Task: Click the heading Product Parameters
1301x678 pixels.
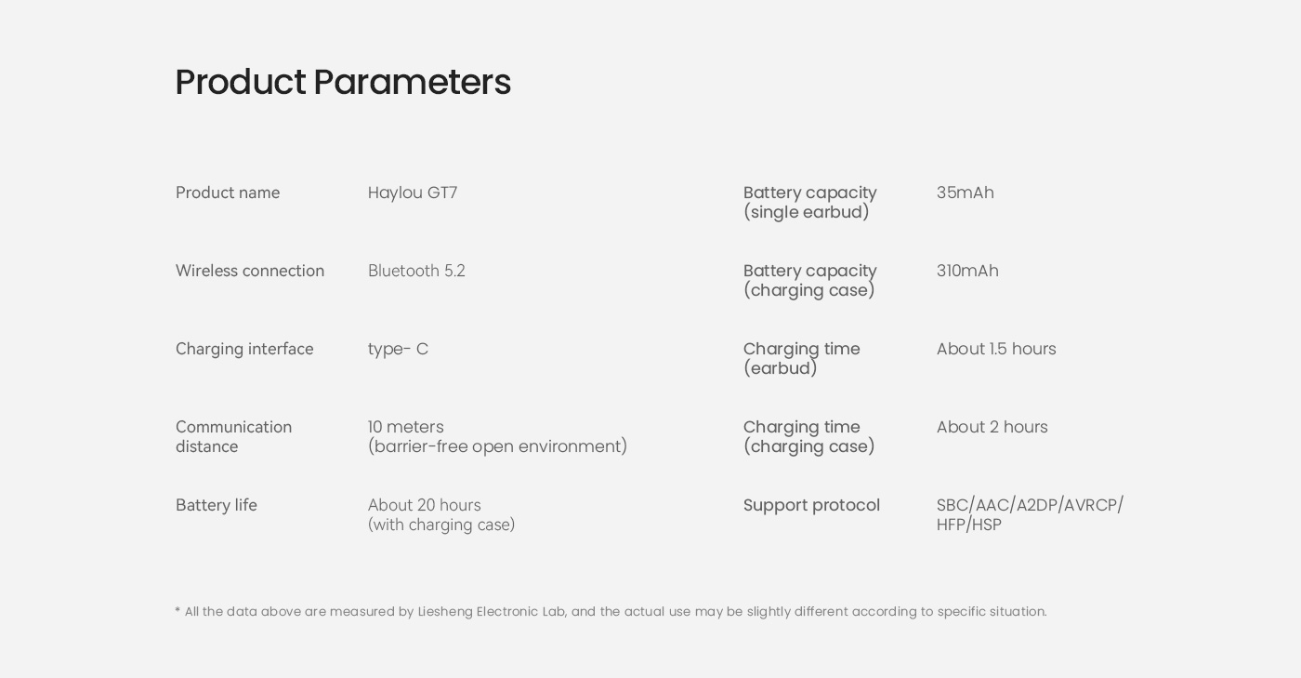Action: tap(343, 82)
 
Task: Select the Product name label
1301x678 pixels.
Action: tap(228, 193)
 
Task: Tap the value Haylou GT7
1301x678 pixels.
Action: tap(413, 193)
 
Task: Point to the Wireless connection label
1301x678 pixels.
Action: tap(250, 271)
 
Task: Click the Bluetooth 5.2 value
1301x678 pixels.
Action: tap(416, 271)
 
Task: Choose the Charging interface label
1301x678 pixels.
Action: tap(244, 349)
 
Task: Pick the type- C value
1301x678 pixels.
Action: tap(398, 349)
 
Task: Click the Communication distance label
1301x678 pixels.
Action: tap(233, 437)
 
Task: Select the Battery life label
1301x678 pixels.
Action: tap(216, 505)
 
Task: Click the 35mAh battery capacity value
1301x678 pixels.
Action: tap(966, 193)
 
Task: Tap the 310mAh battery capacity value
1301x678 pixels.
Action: tap(967, 271)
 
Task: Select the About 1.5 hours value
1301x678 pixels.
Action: tap(996, 349)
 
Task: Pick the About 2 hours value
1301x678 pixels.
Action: tap(992, 427)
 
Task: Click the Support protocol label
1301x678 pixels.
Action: tap(811, 505)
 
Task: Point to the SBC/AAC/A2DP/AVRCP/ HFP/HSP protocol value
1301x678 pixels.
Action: tap(1030, 514)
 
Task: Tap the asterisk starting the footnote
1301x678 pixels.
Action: tap(177, 610)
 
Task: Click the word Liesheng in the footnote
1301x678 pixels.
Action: tap(445, 612)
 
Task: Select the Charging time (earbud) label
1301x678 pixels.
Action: tap(801, 358)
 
